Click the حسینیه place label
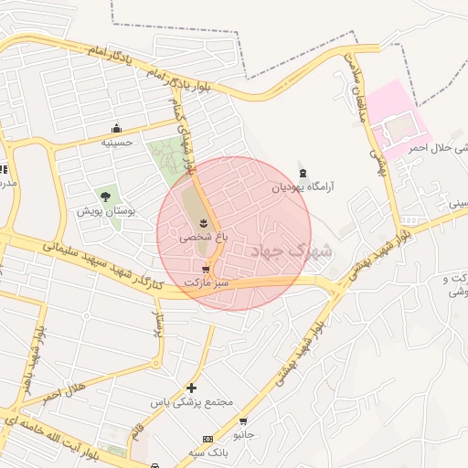click(116, 143)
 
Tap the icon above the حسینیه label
click(116, 128)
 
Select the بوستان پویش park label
click(105, 210)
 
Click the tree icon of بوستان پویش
click(105, 196)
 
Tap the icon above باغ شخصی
click(203, 222)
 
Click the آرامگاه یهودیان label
click(303, 187)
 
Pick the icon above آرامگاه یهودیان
click(303, 173)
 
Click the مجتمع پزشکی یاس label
click(192, 402)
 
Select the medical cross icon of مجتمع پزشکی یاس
click(191, 388)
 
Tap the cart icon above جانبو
click(242, 421)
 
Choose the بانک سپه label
click(207, 453)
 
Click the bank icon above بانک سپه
click(207, 440)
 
